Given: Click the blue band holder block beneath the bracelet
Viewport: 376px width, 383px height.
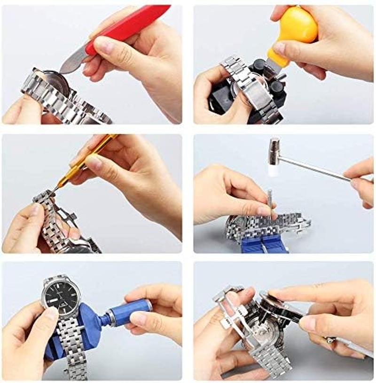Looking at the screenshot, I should tap(263, 244).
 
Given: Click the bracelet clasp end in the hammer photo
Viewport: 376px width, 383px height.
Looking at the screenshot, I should tap(301, 222).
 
